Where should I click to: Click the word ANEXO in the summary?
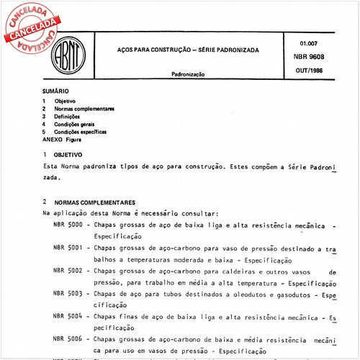click(x=53, y=140)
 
